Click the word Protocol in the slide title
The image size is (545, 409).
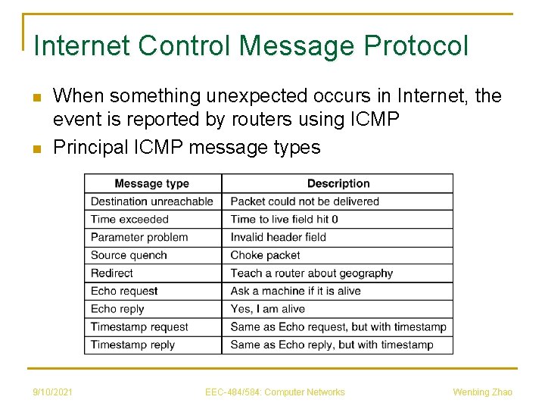tap(416, 46)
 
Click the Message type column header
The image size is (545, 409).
tap(151, 183)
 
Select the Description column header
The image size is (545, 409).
tap(338, 183)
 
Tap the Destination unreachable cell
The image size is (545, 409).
tap(152, 201)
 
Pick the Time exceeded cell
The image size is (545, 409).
tap(129, 219)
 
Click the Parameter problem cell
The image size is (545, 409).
tap(139, 237)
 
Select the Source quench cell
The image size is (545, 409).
tap(129, 255)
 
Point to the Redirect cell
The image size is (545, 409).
tap(112, 273)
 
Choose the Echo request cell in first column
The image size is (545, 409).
tap(124, 291)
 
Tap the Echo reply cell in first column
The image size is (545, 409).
tap(117, 309)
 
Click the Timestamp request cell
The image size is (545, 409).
tap(139, 327)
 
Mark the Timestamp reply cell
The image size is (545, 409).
tap(132, 345)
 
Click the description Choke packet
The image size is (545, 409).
tap(265, 255)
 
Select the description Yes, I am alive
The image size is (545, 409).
tap(268, 309)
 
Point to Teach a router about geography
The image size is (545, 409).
tap(312, 273)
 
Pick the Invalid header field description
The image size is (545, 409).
tap(278, 237)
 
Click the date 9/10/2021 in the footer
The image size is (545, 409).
tap(52, 392)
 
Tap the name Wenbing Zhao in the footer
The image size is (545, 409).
tap(482, 392)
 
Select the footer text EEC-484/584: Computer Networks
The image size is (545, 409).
tap(275, 392)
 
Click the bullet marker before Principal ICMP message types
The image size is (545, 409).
tap(35, 148)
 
